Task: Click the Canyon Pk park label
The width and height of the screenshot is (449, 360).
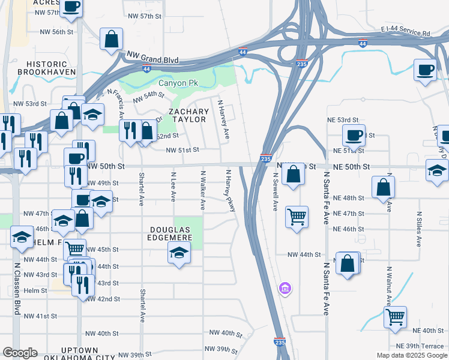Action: (x=178, y=83)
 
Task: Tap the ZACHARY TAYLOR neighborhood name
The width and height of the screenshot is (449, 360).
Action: (x=188, y=116)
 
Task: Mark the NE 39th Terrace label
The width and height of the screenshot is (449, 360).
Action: (x=420, y=346)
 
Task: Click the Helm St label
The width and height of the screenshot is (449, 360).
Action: (x=35, y=290)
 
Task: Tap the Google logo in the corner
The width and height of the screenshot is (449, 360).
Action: (x=20, y=353)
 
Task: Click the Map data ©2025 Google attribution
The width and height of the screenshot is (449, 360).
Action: (x=412, y=355)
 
